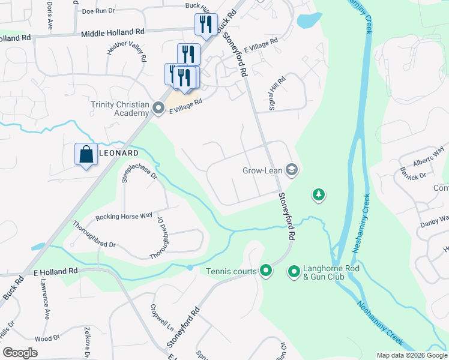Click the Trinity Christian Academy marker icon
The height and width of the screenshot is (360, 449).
(x=158, y=109)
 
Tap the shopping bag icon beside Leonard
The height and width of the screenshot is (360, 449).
(x=86, y=154)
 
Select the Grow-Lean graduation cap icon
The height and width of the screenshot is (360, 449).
(x=292, y=170)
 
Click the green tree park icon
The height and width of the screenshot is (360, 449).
(x=318, y=194)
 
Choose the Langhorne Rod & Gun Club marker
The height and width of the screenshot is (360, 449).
(x=294, y=272)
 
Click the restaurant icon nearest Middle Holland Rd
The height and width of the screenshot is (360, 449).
(x=205, y=25)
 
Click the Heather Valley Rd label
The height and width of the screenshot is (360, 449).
(x=126, y=52)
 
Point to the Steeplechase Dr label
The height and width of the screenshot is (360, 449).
(x=139, y=169)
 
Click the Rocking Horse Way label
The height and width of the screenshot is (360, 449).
(x=124, y=216)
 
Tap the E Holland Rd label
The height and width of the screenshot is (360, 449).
(x=56, y=271)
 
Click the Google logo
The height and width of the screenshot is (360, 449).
(x=20, y=352)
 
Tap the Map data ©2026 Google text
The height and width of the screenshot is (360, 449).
(x=411, y=355)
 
